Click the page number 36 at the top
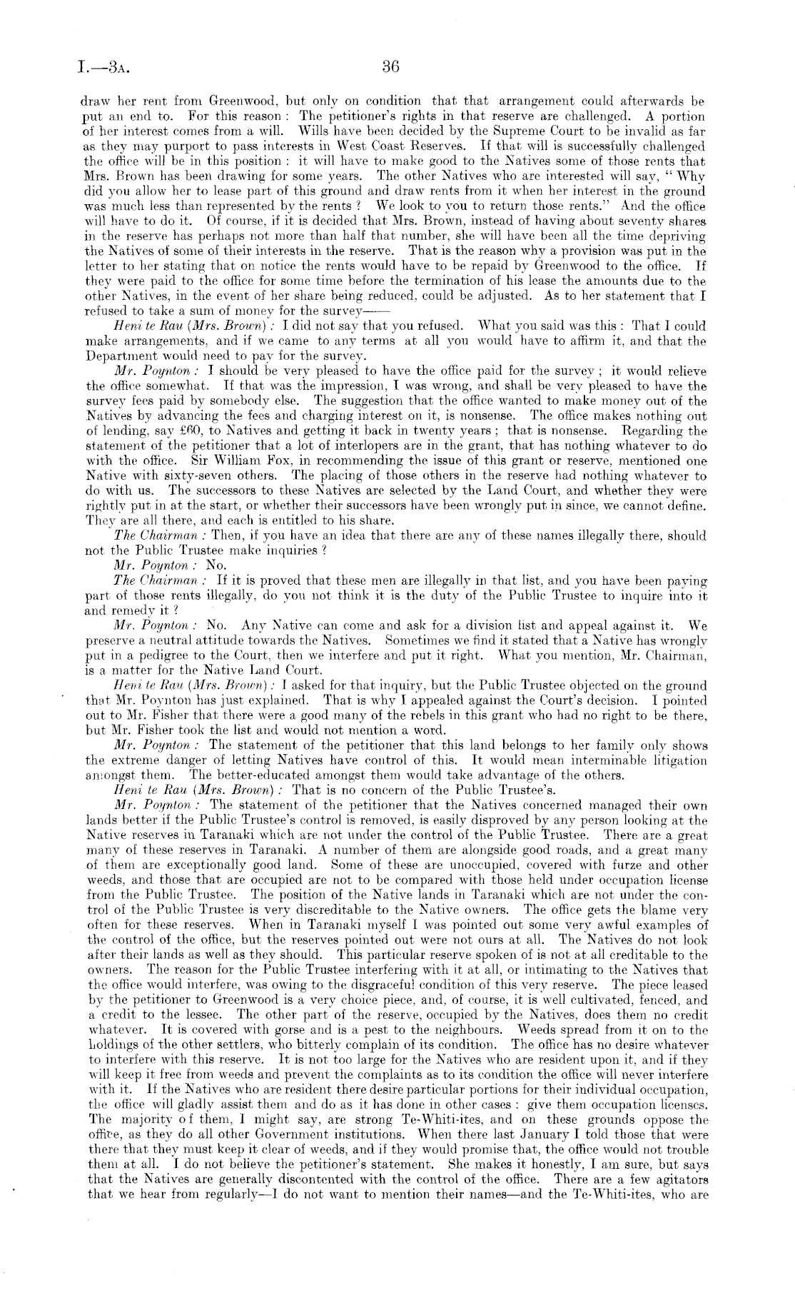point(390,68)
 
